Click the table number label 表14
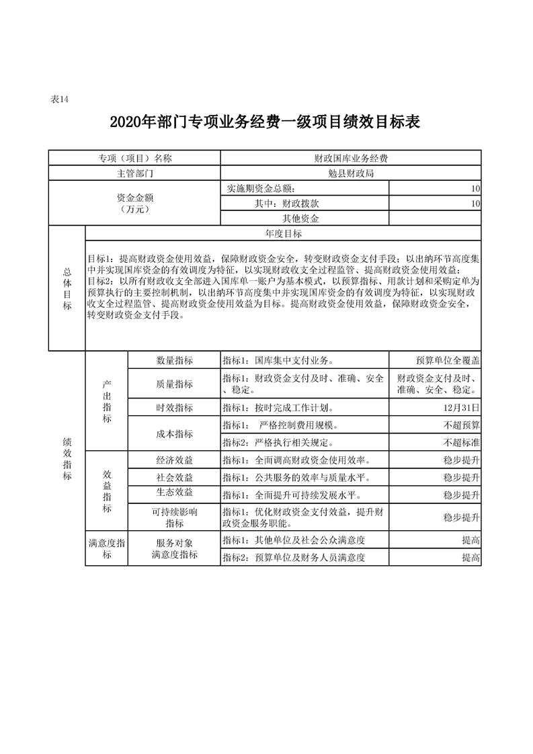60,99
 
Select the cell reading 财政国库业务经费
351,159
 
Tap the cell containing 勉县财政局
351,173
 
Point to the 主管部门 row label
135,173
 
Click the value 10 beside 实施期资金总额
475,189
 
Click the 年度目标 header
283,234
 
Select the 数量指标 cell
174,360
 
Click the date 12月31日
461,407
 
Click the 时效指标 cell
174,407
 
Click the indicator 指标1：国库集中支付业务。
280,360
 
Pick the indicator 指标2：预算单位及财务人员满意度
294,557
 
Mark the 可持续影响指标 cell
174,517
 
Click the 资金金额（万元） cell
135,204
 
